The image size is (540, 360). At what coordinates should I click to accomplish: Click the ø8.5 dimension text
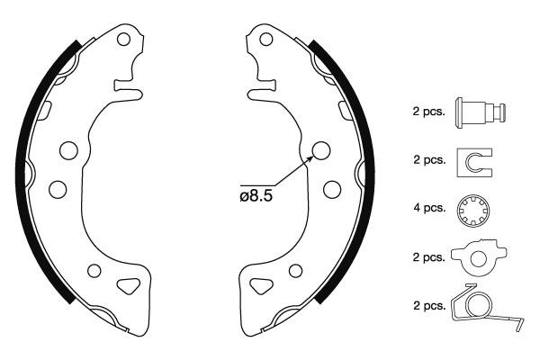click(256, 196)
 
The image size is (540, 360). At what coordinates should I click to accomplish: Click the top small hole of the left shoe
click(123, 40)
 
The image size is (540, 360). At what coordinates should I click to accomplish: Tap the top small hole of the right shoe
click(265, 39)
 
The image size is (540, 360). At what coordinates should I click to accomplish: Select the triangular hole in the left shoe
click(128, 285)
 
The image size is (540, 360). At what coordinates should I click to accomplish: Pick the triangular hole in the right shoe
click(261, 285)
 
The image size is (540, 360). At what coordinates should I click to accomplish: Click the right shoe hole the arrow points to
click(321, 150)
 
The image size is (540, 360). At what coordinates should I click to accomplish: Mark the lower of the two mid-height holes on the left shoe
click(58, 189)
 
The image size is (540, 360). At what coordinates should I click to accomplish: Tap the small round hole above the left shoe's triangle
click(94, 271)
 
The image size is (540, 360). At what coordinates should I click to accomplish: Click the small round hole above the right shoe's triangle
click(295, 271)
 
